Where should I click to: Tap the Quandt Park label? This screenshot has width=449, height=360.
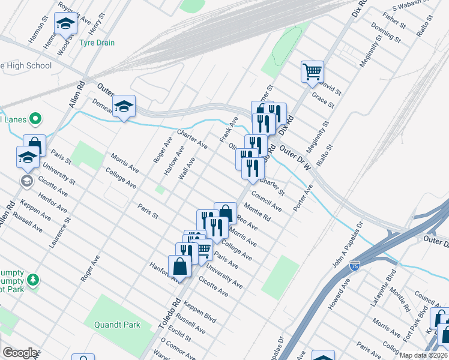pyautogui.click(x=117, y=325)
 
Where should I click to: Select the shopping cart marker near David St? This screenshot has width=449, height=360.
pyautogui.click(x=312, y=71)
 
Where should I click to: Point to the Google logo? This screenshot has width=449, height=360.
pyautogui.click(x=20, y=353)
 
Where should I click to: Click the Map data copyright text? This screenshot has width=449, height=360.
pyautogui.click(x=423, y=355)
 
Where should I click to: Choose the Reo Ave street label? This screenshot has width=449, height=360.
pyautogui.click(x=247, y=223)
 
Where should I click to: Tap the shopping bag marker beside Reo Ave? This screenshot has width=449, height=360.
pyautogui.click(x=225, y=212)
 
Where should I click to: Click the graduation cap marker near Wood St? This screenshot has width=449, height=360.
pyautogui.click(x=65, y=25)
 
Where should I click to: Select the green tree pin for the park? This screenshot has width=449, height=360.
pyautogui.click(x=34, y=280)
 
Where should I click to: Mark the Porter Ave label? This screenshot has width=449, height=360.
pyautogui.click(x=303, y=197)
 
